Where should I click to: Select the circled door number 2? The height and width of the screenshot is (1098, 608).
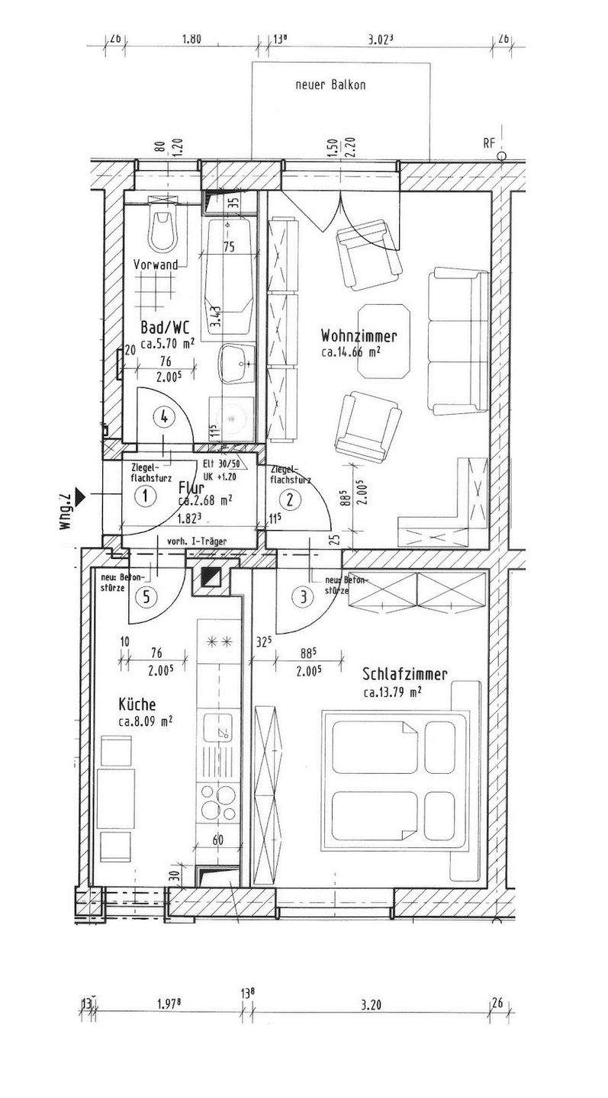pos(290,500)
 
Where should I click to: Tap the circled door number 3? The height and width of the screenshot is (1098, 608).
pos(304,597)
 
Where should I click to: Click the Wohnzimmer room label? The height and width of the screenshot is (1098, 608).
pos(359,336)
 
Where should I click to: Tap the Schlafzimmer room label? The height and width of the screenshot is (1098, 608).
pos(404,674)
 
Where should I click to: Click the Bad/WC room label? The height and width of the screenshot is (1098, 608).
pos(166,328)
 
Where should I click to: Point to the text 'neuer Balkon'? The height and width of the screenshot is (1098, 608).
pos(330,85)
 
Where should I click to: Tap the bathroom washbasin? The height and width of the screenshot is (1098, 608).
pos(236,363)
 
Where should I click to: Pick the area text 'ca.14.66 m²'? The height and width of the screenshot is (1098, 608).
pos(352,352)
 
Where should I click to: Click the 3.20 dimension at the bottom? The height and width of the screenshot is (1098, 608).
pos(371,1005)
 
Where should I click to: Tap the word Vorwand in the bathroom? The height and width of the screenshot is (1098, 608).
pos(156,265)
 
